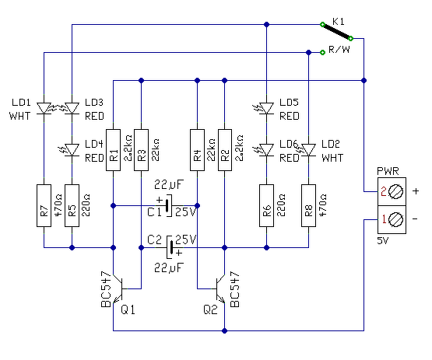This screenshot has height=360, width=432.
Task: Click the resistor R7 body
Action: tap(44, 205)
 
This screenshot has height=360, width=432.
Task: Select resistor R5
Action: tap(72, 205)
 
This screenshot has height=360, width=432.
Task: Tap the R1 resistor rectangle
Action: tap(113, 150)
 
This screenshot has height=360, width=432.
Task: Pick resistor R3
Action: tap(142, 150)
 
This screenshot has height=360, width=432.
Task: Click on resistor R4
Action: tap(197, 150)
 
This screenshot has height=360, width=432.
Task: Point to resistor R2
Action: tap(225, 150)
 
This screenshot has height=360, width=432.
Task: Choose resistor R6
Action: tap(266, 205)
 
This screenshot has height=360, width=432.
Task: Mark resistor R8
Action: tap(308, 205)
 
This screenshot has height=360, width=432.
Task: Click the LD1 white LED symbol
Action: tap(44, 108)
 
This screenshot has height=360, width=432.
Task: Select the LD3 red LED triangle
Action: tap(72, 108)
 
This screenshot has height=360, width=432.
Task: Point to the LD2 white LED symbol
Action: tap(307, 150)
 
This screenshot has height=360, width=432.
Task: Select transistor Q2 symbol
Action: tap(219, 288)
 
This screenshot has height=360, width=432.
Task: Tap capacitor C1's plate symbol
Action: tap(167, 205)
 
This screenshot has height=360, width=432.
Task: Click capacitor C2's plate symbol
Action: tap(170, 247)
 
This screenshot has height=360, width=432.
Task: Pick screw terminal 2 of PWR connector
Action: tap(396, 191)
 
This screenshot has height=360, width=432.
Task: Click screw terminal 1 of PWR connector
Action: tap(396, 219)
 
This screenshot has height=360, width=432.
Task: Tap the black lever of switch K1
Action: tap(337, 32)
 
